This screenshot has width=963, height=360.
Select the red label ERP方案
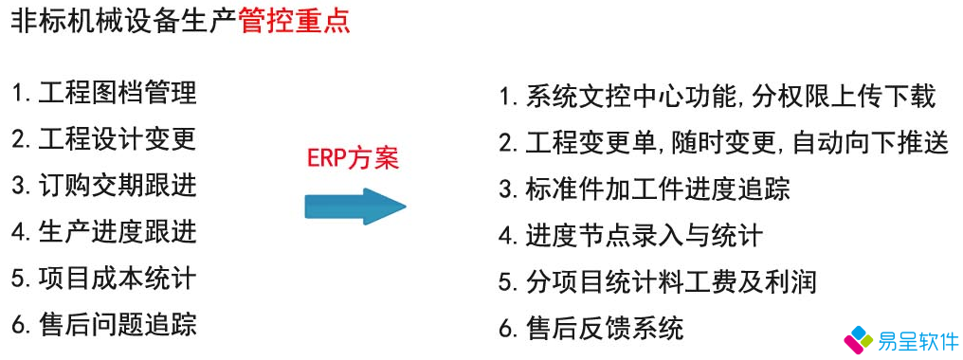coord(352,158)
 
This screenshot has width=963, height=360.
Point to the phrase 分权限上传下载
coord(845,97)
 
